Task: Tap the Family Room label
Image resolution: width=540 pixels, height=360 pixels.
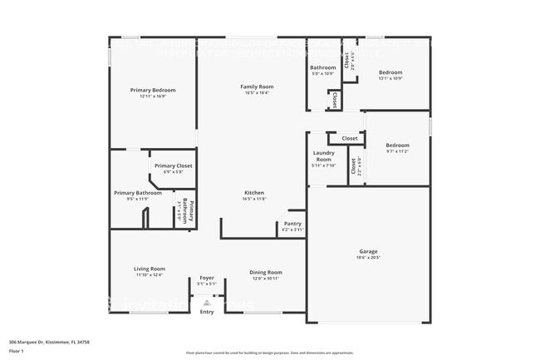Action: click(x=258, y=86)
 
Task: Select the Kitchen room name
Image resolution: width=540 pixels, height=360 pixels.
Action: click(x=254, y=193)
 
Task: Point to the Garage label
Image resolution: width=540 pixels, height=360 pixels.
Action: click(x=368, y=251)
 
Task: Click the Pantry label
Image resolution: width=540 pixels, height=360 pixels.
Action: click(x=292, y=223)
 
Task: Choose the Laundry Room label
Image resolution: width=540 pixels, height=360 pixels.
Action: click(x=323, y=155)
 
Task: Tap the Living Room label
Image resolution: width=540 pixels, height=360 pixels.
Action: click(x=150, y=269)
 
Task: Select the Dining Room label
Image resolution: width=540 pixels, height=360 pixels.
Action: click(x=267, y=272)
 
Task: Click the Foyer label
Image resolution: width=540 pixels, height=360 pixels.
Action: click(x=206, y=279)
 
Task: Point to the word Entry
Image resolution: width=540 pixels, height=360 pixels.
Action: click(x=207, y=312)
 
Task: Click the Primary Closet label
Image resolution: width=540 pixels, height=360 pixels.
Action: click(x=173, y=165)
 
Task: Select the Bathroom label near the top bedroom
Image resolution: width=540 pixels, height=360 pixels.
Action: click(x=323, y=67)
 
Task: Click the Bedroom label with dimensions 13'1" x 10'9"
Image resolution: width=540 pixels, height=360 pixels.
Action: click(x=390, y=72)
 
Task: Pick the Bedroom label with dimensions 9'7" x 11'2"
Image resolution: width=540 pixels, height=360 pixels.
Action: click(x=398, y=145)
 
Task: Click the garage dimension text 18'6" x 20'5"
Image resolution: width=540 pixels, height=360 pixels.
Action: click(x=368, y=258)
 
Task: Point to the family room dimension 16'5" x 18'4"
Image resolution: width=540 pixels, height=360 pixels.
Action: click(x=258, y=93)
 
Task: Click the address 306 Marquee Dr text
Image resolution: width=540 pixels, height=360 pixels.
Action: click(x=49, y=342)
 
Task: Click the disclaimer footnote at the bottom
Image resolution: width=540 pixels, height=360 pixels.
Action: click(x=269, y=353)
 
